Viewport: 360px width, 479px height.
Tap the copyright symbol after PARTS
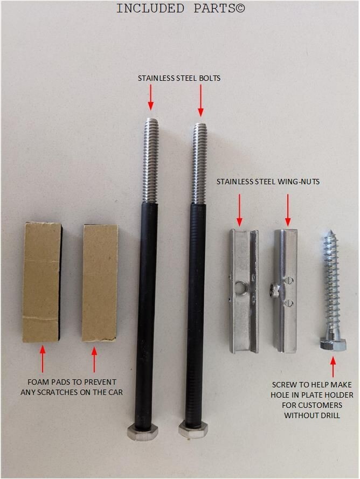[240, 8]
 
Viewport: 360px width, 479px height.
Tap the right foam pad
[100, 282]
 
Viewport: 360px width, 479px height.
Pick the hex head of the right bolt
[193, 430]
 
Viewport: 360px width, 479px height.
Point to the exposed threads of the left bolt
[151, 160]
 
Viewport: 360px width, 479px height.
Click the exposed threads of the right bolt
[200, 163]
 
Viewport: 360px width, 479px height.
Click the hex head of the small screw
[333, 344]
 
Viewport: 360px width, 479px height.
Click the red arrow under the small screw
[333, 366]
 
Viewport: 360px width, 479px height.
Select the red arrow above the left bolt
[150, 97]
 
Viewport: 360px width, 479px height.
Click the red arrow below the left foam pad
[43, 359]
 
